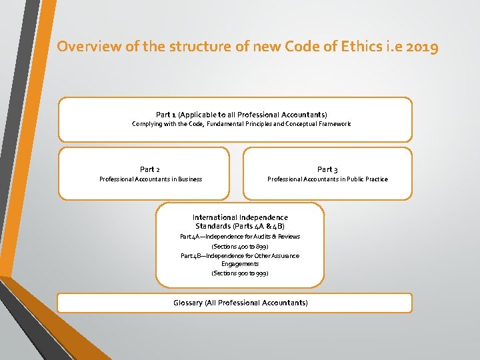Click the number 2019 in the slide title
click(x=421, y=47)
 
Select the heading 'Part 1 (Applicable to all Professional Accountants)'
click(x=241, y=115)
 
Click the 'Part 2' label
click(x=150, y=169)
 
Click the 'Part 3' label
click(x=327, y=169)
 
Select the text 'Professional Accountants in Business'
click(x=151, y=179)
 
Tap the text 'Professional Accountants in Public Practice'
click(x=327, y=179)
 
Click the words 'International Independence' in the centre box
click(x=240, y=217)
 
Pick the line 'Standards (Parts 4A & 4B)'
click(x=240, y=226)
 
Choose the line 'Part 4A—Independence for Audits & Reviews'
click(x=240, y=237)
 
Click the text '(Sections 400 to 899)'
click(x=240, y=247)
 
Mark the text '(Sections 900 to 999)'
click(x=240, y=273)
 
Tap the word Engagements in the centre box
click(x=240, y=264)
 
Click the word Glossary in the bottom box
click(x=188, y=303)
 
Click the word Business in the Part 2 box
click(x=189, y=179)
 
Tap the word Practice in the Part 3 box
click(x=375, y=179)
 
